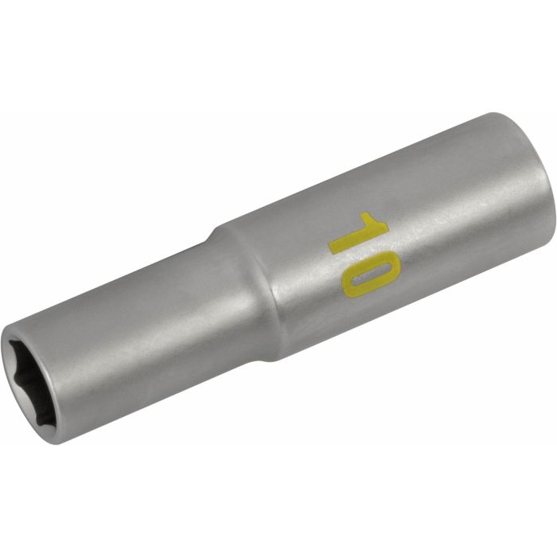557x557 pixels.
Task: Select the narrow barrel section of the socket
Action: (x=135, y=342)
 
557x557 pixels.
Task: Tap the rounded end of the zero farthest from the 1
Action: (x=375, y=295)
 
